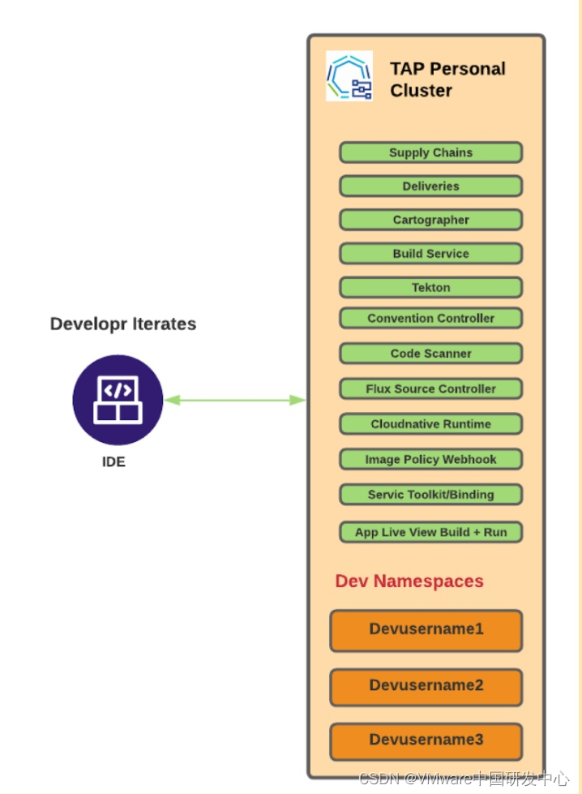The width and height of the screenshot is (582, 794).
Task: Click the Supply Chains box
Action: tap(430, 152)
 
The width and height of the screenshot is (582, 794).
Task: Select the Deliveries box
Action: tap(430, 187)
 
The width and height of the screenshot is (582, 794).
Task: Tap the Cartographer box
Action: tap(430, 220)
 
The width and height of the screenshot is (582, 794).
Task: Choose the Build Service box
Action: tap(430, 254)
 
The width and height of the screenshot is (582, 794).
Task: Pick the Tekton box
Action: tap(430, 288)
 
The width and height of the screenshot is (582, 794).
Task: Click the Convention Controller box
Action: tap(430, 318)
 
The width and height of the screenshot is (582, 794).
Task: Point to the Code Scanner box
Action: tap(430, 354)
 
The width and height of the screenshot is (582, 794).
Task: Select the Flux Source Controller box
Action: tap(430, 388)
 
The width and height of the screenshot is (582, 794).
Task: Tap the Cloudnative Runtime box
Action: tap(430, 424)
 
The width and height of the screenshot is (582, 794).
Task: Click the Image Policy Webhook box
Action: tap(430, 459)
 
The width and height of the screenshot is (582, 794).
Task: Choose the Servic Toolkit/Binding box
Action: tap(430, 495)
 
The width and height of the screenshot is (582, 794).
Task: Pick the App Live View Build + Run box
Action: tap(430, 532)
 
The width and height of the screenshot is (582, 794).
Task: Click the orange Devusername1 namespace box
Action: tap(426, 630)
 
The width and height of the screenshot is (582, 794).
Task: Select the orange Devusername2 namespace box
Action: tap(426, 687)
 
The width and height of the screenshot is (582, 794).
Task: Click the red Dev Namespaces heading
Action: tap(409, 582)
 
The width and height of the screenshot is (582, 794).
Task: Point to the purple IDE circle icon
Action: tap(118, 400)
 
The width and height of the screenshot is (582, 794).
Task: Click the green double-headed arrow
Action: tap(235, 400)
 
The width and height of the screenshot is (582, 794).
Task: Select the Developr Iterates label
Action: tap(123, 324)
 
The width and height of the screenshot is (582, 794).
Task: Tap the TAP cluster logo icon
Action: tap(349, 77)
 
